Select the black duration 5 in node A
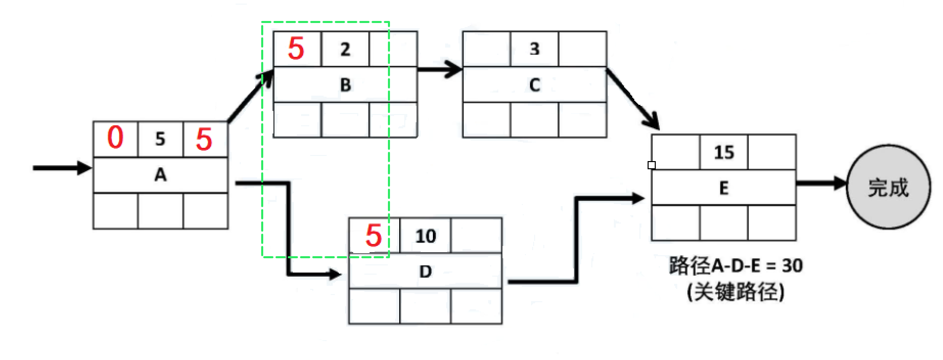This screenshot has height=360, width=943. click(x=160, y=139)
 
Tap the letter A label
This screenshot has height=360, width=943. click(x=160, y=175)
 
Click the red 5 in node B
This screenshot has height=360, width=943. click(x=296, y=49)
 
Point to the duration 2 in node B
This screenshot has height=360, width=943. click(x=345, y=49)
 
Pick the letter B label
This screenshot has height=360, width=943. click(x=346, y=84)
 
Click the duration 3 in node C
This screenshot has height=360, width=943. click(x=534, y=49)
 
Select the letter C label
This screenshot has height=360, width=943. click(x=535, y=84)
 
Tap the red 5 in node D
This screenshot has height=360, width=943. click(x=374, y=235)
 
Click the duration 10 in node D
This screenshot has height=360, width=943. click(x=425, y=236)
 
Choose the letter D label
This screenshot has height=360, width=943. click(x=425, y=272)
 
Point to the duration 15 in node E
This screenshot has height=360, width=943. click(x=724, y=152)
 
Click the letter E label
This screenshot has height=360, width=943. click(x=724, y=188)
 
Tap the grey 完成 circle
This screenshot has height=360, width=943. click(x=888, y=187)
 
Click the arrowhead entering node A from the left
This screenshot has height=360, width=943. click(x=83, y=168)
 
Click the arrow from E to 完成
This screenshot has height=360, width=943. click(x=821, y=183)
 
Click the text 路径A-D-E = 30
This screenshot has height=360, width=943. click(x=735, y=265)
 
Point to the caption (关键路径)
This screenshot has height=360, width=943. click(x=735, y=292)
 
